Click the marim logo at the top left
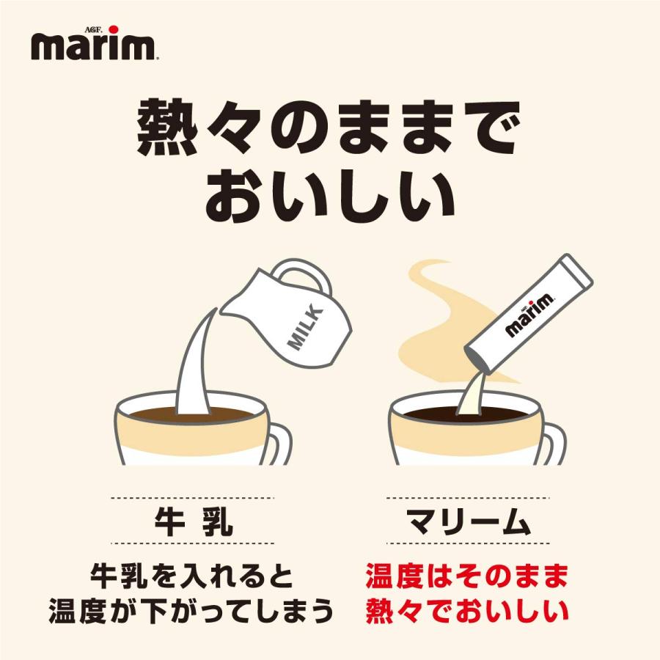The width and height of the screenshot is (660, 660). [x=93, y=45]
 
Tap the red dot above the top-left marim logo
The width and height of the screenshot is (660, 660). [x=112, y=29]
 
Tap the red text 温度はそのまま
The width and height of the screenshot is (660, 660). [x=466, y=576]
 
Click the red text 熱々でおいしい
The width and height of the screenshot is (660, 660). [x=466, y=610]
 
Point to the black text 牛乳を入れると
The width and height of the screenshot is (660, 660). [x=192, y=576]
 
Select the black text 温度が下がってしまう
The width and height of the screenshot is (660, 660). [x=192, y=610]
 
